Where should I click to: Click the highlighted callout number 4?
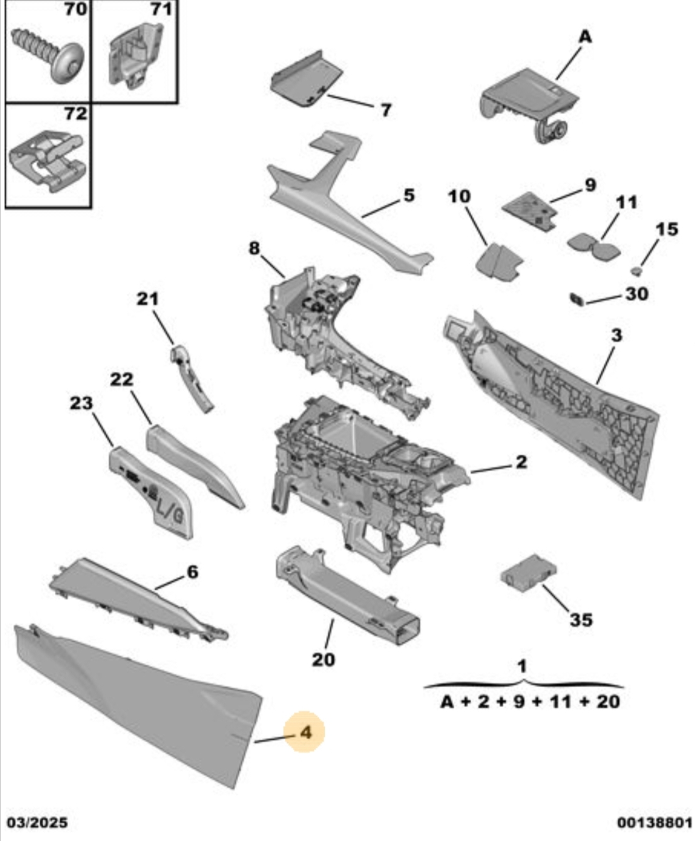(x=305, y=732)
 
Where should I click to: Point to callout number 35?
(x=580, y=620)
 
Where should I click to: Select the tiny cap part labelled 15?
(x=636, y=271)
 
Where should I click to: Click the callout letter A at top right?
(x=585, y=37)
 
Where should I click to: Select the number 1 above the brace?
(x=522, y=666)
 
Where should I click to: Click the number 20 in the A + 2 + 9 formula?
(x=608, y=701)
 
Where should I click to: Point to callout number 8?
(x=254, y=248)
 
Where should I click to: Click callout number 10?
(x=459, y=196)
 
